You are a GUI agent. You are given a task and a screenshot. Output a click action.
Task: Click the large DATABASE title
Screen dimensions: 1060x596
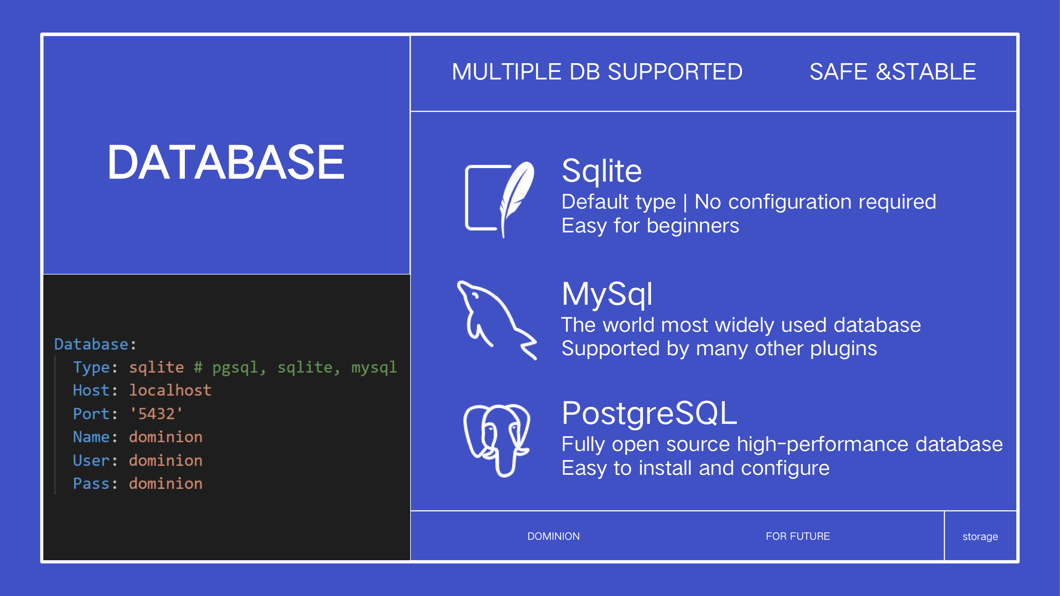[x=226, y=162]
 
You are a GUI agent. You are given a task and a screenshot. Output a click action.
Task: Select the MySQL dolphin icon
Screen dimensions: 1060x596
[x=497, y=320]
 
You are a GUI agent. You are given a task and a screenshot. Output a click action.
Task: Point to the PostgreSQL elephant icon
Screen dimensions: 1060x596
[x=497, y=440]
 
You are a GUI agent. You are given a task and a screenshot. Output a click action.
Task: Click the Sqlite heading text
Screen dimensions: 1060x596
[x=602, y=171]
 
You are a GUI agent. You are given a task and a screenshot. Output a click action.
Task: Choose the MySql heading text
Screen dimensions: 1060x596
[x=607, y=294]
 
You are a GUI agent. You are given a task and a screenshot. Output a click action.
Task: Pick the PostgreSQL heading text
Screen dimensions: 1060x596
[x=649, y=413]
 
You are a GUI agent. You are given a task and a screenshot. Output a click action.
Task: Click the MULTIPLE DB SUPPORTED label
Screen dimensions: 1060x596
[x=597, y=72]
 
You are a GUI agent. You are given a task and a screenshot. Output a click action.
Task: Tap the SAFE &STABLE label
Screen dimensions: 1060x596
[x=893, y=72]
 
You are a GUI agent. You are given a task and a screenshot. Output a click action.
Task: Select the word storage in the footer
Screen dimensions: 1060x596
[x=980, y=537]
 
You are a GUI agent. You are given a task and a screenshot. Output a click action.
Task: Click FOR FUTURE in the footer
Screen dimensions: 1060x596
[x=797, y=536]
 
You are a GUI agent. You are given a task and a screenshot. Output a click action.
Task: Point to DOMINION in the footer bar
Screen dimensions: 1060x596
[x=554, y=536]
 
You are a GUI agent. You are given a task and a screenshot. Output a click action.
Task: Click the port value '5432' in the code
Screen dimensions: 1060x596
[x=156, y=413]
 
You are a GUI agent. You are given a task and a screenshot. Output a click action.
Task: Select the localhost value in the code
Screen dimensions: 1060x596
[x=171, y=390]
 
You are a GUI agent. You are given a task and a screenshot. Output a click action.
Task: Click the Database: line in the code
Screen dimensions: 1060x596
[x=95, y=344]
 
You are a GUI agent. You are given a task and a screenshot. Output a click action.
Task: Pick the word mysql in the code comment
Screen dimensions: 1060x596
[x=374, y=367]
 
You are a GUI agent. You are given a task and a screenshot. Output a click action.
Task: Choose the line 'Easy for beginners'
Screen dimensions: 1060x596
[x=650, y=226]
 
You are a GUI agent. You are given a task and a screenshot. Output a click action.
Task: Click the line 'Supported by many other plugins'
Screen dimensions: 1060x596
[x=719, y=349]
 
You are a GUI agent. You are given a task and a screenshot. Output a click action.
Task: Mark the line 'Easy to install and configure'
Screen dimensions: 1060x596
[x=696, y=468]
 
